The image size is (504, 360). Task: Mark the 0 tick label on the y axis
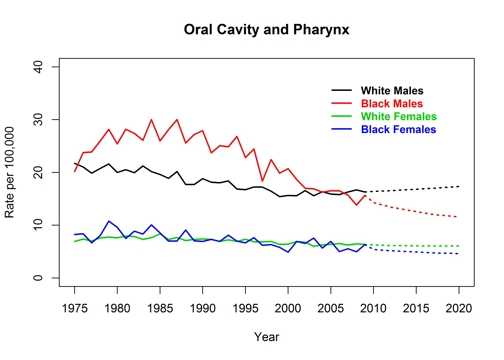[41, 278]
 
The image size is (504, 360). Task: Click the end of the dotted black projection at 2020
[458, 186]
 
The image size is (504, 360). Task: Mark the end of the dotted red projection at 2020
[458, 217]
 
